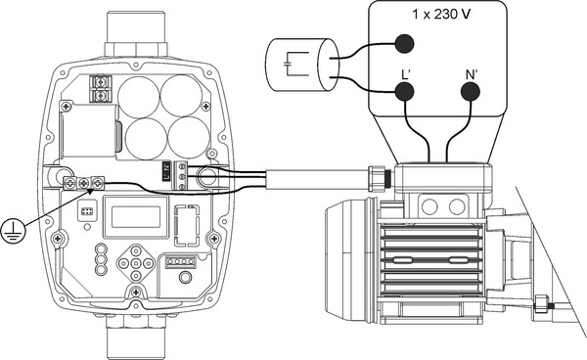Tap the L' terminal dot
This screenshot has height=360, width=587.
[403, 91]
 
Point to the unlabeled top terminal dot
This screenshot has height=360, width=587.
[403, 42]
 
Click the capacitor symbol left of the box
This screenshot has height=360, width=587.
[297, 64]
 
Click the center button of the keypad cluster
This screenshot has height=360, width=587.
[132, 264]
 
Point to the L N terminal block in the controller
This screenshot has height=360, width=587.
[171, 174]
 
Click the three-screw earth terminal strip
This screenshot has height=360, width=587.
[84, 182]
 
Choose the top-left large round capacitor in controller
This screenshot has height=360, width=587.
[139, 95]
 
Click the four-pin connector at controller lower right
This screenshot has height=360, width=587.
[180, 261]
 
